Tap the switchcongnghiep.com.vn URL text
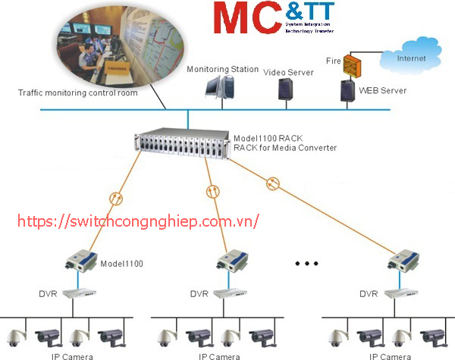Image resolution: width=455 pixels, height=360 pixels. [137, 221]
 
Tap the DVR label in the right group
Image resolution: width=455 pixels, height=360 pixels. [369, 293]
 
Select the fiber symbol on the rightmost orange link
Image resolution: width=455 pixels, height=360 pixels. [274, 183]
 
